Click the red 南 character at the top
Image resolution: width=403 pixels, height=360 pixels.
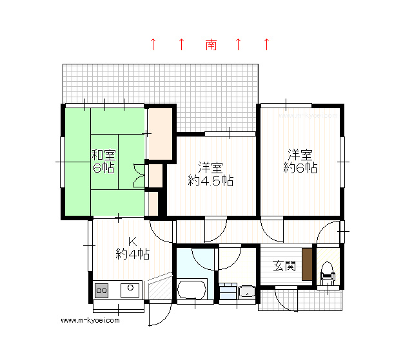click(211, 44)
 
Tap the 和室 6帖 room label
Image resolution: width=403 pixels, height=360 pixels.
click(103, 162)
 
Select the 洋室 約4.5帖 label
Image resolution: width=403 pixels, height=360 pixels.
click(210, 174)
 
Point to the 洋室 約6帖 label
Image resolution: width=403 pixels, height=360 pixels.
click(300, 161)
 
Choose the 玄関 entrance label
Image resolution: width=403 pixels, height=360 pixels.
click(284, 266)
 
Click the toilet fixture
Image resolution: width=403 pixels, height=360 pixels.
click(328, 274)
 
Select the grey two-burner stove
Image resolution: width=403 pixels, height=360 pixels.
click(101, 290)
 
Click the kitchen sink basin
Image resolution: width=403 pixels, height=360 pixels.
click(130, 290)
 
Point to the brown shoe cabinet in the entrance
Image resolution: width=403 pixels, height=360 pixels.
click(307, 264)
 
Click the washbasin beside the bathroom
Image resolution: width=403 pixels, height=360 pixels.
click(247, 292)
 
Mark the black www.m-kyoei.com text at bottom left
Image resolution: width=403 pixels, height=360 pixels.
click(90, 320)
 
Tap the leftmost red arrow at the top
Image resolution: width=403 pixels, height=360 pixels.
click(153, 44)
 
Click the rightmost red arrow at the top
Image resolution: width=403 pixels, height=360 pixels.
click(267, 44)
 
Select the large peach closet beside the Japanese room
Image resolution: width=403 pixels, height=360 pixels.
click(161, 133)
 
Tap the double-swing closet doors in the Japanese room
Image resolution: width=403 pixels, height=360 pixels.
click(139, 175)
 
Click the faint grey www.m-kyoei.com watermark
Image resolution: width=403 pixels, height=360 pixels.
click(308, 116)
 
